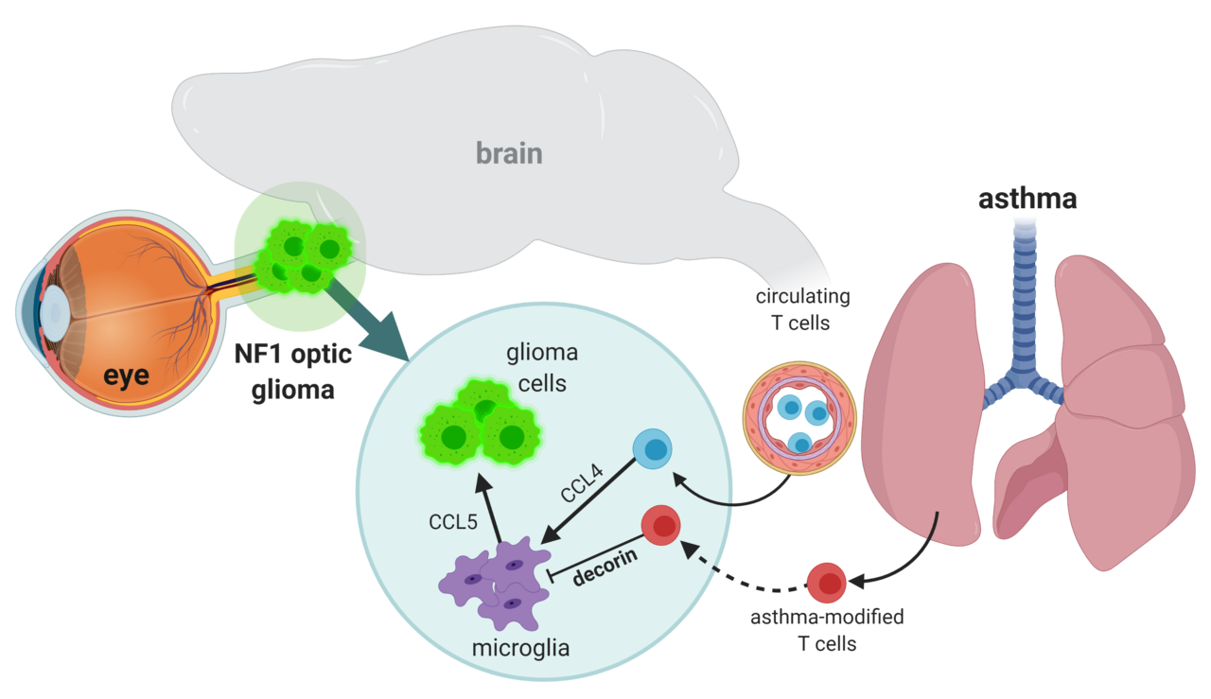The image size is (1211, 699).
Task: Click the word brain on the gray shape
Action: point(509,152)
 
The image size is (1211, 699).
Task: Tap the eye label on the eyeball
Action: point(126,376)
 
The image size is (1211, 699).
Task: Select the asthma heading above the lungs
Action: point(1027,200)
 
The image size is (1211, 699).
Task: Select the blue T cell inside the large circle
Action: point(651,448)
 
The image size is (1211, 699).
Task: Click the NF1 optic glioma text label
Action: point(293,372)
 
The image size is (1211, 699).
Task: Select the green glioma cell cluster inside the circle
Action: point(480,426)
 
